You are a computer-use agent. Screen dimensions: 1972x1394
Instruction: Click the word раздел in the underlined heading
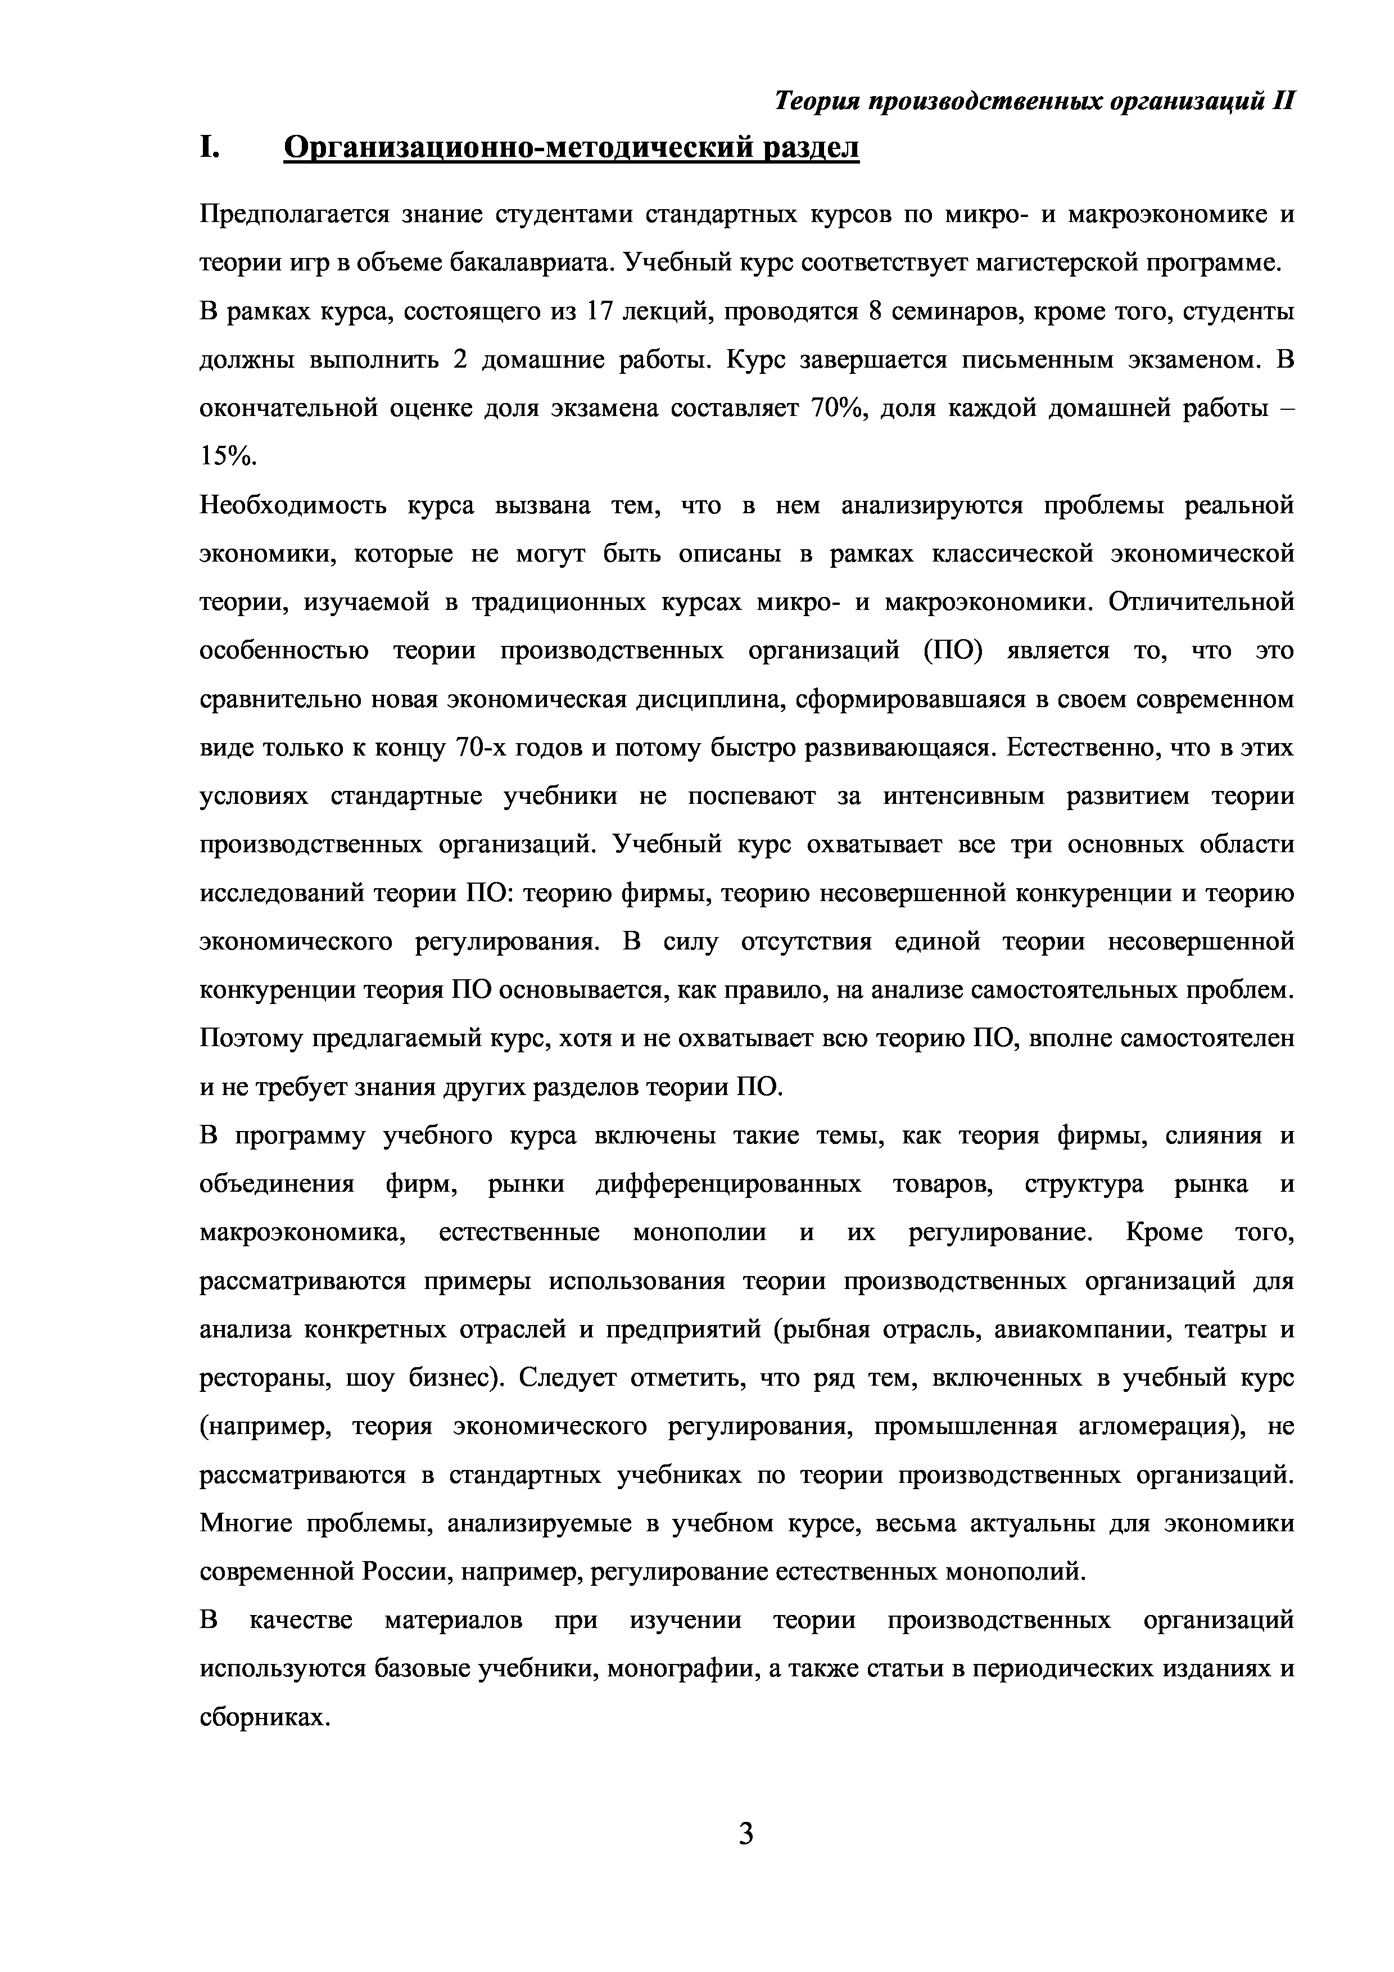[811, 148]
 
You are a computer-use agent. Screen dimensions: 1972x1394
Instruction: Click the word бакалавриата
[526, 263]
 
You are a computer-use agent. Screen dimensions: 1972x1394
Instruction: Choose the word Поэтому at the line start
[251, 1039]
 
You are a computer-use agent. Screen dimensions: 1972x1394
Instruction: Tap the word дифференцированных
[728, 1184]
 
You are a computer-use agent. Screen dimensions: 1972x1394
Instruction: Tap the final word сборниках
[265, 1718]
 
